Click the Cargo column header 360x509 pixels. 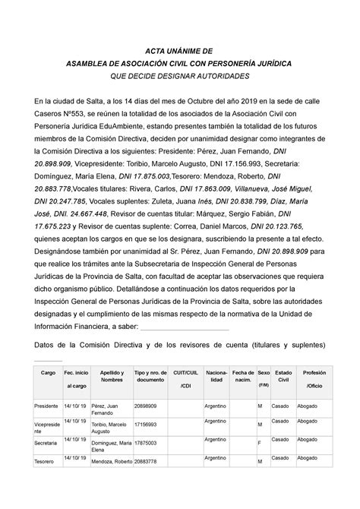point(49,374)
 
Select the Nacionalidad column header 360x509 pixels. point(217,378)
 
